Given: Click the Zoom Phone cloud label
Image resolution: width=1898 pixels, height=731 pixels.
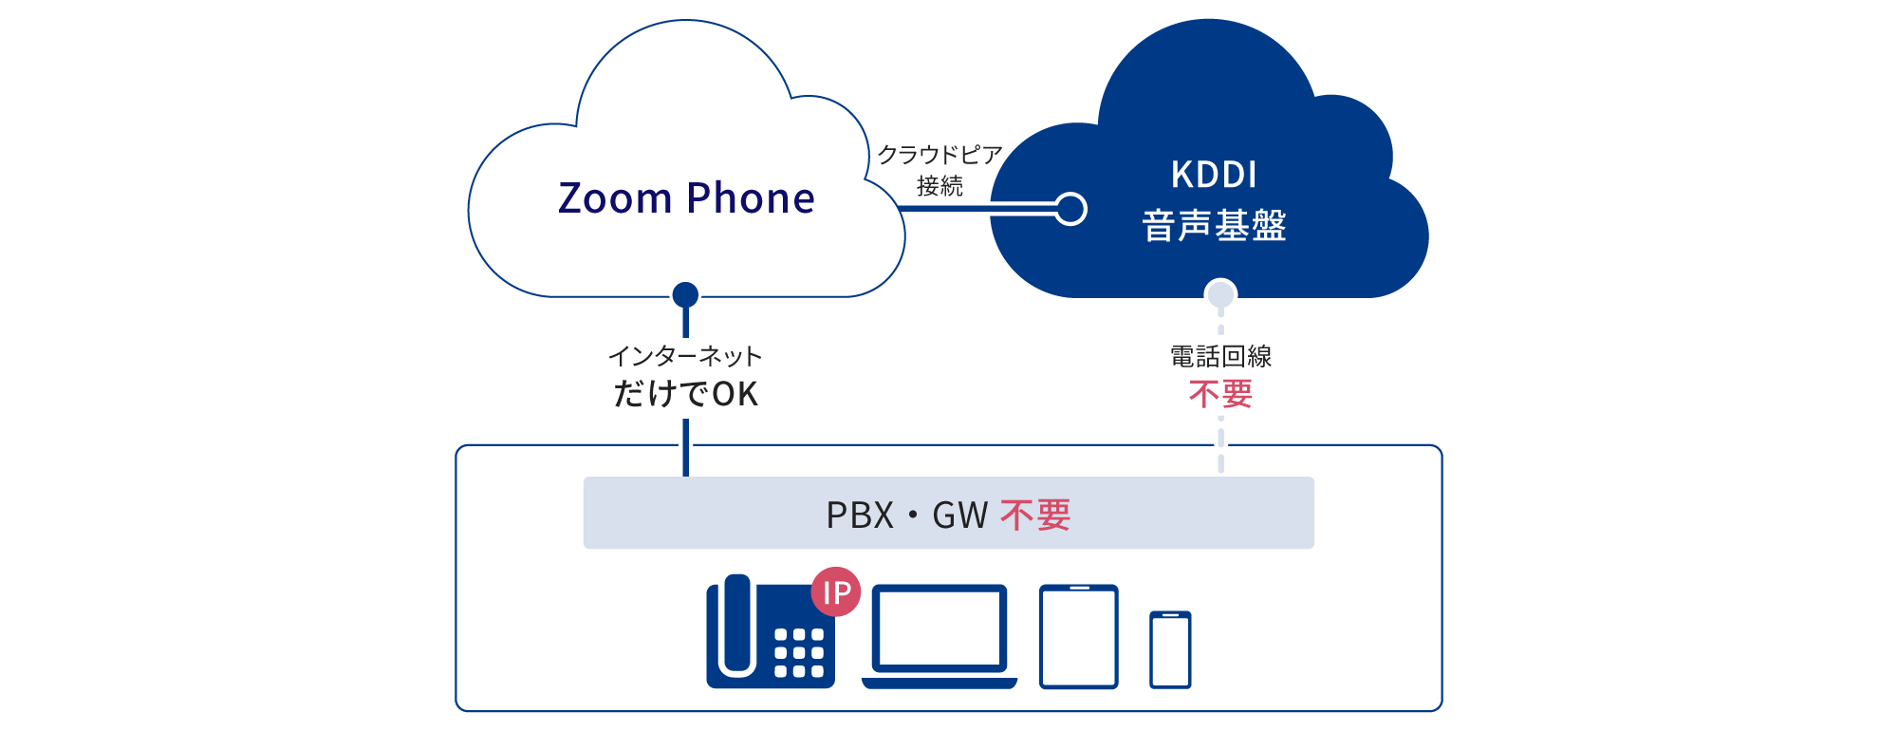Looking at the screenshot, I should (x=686, y=198).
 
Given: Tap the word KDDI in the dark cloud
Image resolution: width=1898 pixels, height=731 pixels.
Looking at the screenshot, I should (x=1214, y=175).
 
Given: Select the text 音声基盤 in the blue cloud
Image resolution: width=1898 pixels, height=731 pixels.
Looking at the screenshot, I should (x=1214, y=226).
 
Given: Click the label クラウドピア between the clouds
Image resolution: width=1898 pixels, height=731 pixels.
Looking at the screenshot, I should (x=940, y=155).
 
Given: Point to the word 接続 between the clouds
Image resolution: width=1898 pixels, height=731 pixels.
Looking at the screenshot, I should (x=940, y=186).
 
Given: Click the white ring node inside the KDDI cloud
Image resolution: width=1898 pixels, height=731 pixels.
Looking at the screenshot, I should (x=1070, y=209).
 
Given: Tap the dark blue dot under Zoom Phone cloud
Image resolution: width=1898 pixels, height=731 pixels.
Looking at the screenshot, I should (x=685, y=295).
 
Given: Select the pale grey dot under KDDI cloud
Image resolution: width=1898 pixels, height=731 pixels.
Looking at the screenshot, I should (x=1220, y=294).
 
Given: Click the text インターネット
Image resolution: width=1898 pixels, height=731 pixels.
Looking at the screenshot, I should (x=685, y=356).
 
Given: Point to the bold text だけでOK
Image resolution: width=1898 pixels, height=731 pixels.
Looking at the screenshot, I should (x=685, y=393).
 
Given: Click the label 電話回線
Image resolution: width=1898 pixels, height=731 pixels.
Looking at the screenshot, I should (x=1220, y=357).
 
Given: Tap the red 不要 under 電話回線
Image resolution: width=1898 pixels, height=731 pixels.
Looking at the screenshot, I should (x=1220, y=393).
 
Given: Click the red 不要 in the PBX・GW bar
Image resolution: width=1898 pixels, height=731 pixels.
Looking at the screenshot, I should (x=1035, y=515).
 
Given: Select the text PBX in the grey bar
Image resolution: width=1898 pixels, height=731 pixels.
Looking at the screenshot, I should (x=860, y=515).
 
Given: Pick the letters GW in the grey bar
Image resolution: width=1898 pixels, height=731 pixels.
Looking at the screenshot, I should (x=959, y=515).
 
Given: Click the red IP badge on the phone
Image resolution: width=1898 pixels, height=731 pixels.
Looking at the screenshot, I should (x=836, y=592).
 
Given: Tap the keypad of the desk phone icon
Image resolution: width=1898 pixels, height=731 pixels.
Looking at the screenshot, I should (x=798, y=653).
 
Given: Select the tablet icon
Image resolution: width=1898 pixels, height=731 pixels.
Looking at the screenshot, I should (x=1079, y=636).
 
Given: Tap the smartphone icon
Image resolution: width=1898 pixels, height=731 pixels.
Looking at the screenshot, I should (x=1170, y=650).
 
